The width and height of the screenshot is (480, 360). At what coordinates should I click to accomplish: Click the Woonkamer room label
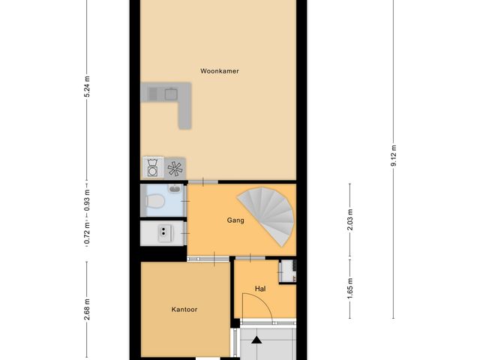click(219, 71)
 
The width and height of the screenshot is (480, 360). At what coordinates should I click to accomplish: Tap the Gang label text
click(235, 220)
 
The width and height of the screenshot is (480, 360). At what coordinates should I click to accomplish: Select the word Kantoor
click(184, 309)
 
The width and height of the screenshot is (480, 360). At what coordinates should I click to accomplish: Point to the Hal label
click(260, 288)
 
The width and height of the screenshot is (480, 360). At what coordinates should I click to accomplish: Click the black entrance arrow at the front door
click(257, 340)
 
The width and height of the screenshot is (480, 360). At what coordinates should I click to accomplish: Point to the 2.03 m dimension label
click(349, 221)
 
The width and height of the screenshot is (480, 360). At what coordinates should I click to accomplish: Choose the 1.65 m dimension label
click(349, 288)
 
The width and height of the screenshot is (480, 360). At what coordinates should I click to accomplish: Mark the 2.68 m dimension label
click(87, 309)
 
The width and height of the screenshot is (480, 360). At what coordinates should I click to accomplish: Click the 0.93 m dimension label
click(87, 201)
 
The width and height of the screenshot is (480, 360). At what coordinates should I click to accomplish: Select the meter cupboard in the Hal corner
click(287, 271)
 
